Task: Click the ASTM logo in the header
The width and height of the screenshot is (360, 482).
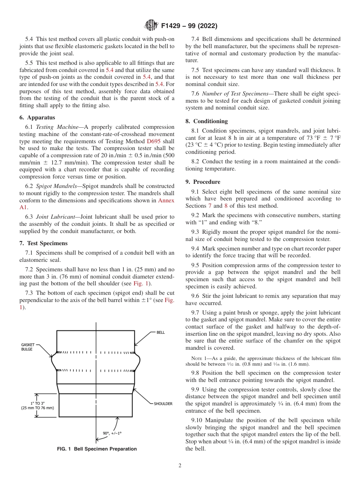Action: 151,26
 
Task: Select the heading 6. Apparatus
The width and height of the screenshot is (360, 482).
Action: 37,117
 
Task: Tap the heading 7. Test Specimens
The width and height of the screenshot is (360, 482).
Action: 43,243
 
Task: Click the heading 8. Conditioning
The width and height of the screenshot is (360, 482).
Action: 207,121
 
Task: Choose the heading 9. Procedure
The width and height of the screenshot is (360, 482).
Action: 203,182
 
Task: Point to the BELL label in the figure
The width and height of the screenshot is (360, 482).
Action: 161,332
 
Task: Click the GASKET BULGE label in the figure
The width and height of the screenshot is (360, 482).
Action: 28,347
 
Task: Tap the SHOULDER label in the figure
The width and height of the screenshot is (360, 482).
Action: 163,404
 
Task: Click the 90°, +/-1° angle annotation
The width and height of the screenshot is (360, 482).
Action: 112,433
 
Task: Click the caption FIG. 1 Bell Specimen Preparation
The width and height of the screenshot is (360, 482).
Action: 97,449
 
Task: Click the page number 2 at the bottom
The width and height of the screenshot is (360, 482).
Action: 180,466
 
